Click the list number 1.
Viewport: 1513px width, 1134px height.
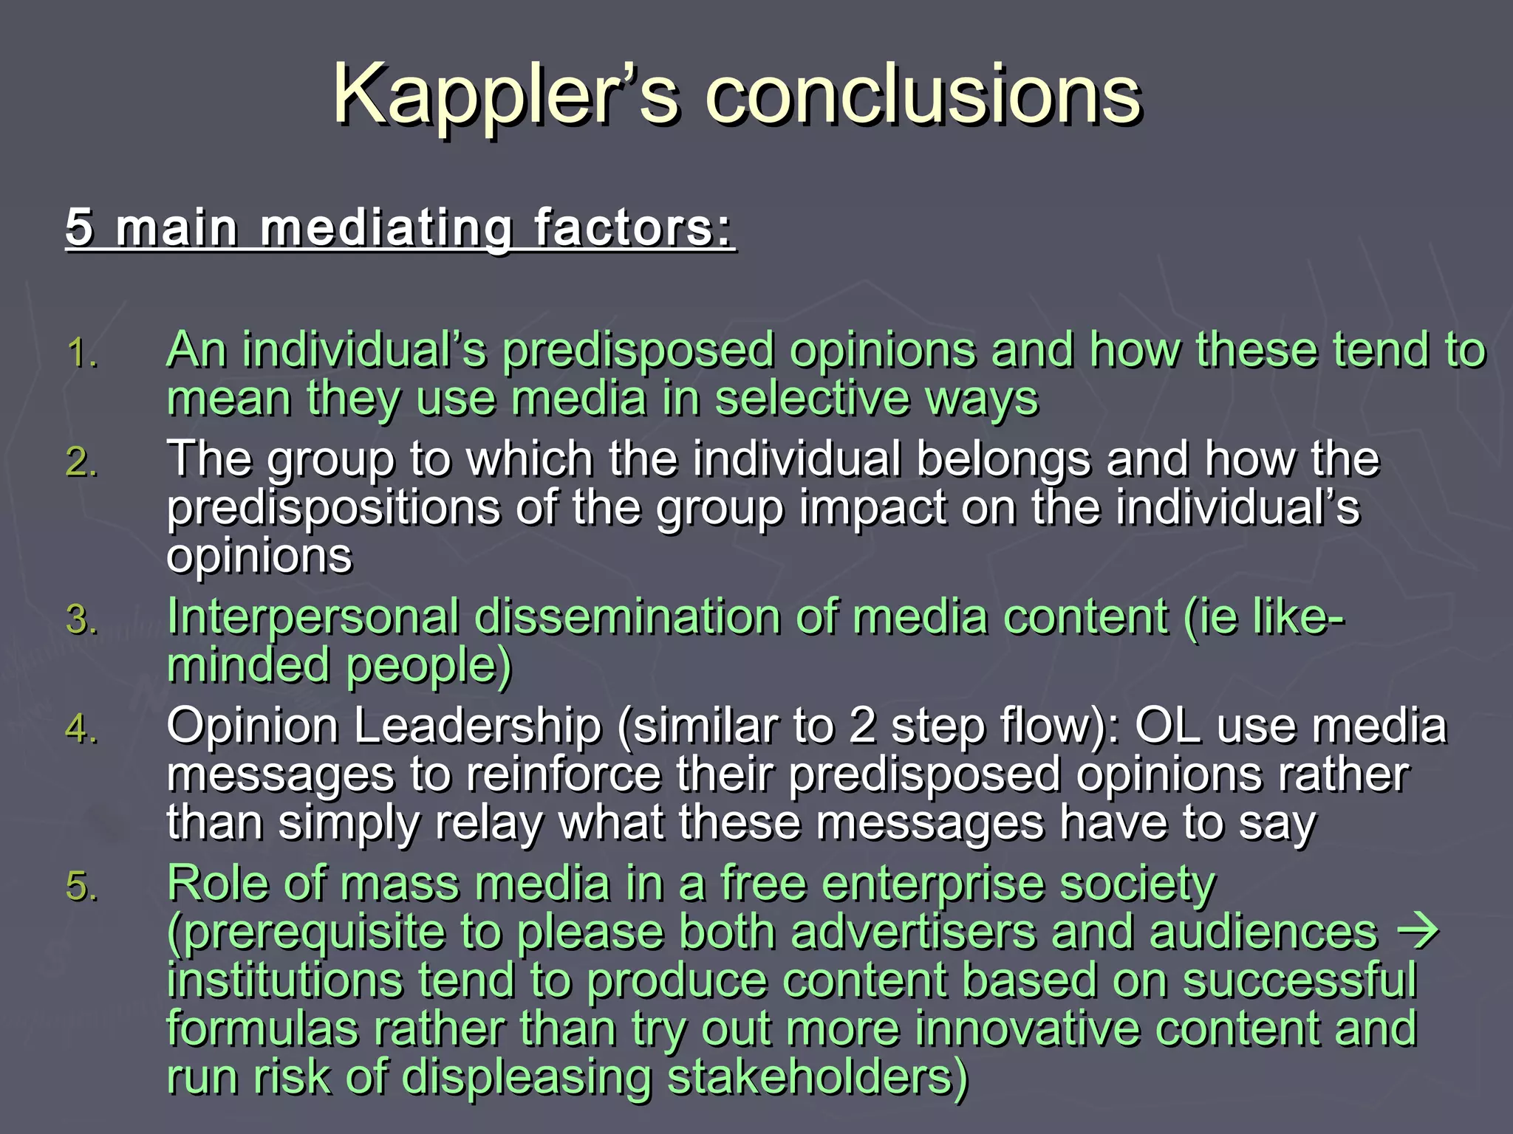coord(81,353)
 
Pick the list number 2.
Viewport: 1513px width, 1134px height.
coord(81,462)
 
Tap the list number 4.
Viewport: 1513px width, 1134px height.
coord(81,729)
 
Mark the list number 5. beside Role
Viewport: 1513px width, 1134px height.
coord(81,886)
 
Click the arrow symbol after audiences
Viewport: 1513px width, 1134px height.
coord(1418,932)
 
